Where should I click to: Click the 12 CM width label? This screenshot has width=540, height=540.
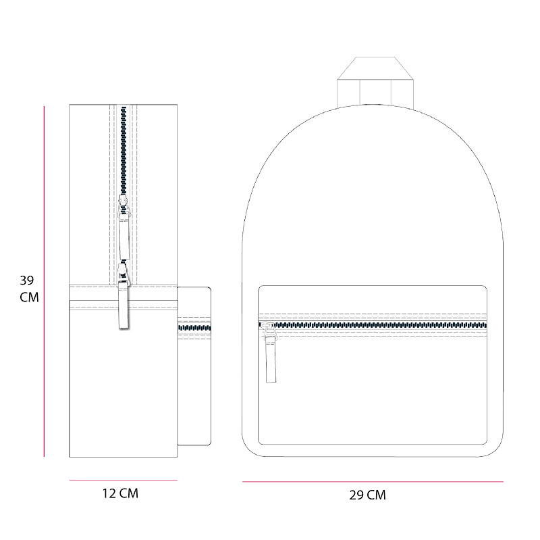120,493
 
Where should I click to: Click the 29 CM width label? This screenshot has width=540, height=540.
367,495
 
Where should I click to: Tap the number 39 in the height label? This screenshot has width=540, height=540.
27,280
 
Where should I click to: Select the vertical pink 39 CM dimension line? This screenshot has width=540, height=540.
44,281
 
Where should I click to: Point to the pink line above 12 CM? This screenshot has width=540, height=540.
124,480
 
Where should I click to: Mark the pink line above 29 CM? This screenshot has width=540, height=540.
373,481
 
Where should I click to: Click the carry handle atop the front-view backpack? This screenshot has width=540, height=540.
375,81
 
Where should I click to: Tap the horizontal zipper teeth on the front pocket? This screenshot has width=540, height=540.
373,325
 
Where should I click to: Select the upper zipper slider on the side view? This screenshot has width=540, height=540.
124,203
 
